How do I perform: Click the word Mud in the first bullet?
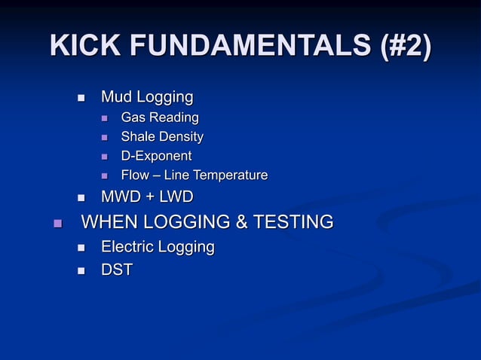click(116, 97)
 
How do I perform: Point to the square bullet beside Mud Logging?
click(81, 98)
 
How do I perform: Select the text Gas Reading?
click(160, 117)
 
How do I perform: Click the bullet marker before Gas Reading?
click(104, 118)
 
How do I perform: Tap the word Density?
click(182, 137)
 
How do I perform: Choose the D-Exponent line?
click(156, 156)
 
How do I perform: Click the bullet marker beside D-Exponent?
click(104, 157)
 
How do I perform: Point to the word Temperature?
click(231, 175)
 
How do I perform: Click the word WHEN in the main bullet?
click(108, 222)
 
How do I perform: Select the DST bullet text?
click(117, 270)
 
